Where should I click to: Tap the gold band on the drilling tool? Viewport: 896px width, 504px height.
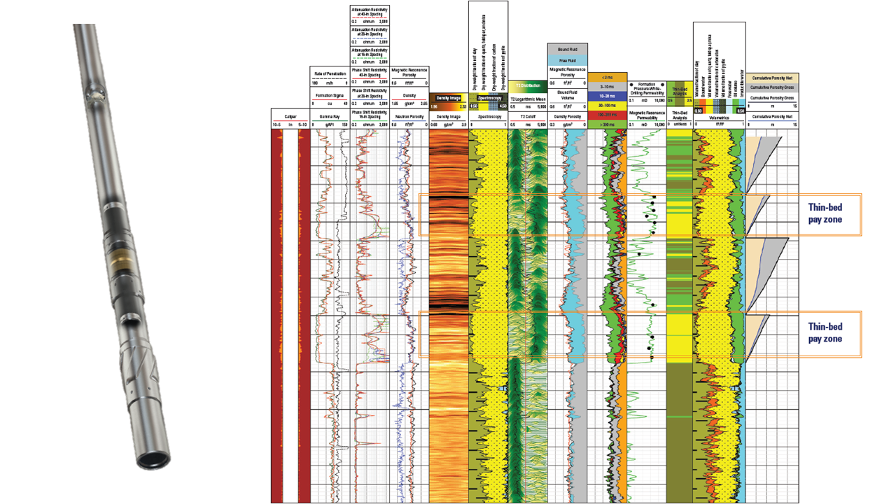[x=119, y=258]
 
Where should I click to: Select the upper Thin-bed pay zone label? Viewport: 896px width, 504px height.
[x=826, y=213]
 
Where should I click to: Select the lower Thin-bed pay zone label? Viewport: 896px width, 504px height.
[x=826, y=332]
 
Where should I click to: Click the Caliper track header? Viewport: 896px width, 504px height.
[x=290, y=116]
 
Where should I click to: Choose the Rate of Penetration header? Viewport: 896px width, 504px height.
[x=329, y=74]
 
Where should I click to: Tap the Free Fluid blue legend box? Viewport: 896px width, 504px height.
[x=566, y=59]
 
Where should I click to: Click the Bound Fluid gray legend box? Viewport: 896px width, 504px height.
[x=566, y=49]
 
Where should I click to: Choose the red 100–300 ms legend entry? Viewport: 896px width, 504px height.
[x=607, y=114]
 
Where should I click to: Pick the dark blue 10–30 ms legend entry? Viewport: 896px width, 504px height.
[x=607, y=95]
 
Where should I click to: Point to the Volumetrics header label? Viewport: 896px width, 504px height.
[x=718, y=118]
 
